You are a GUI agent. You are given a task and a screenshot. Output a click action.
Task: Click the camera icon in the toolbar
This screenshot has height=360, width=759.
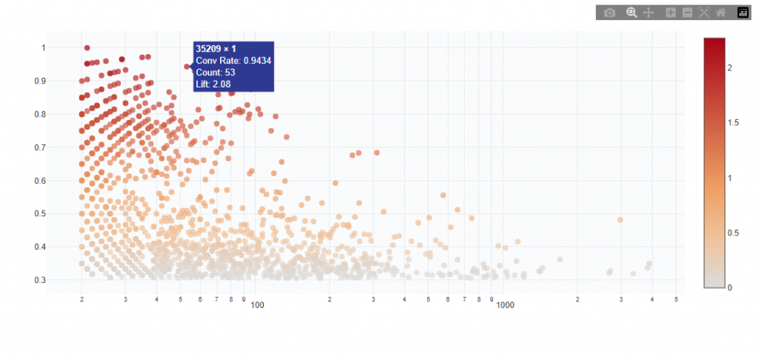pyautogui.click(x=609, y=13)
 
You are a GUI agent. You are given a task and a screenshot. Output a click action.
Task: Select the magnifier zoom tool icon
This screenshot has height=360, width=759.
pyautogui.click(x=632, y=13)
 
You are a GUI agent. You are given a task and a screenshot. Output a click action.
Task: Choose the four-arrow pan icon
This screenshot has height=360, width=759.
pyautogui.click(x=649, y=13)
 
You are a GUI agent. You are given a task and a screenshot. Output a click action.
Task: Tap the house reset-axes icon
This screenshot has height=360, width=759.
pyautogui.click(x=720, y=13)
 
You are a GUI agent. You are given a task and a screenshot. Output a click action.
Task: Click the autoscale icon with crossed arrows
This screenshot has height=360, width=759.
pyautogui.click(x=703, y=13)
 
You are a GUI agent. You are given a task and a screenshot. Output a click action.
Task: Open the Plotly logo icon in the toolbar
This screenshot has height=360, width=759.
pyautogui.click(x=743, y=13)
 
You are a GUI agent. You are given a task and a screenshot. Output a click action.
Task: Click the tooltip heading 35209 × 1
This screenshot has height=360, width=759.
pyautogui.click(x=215, y=48)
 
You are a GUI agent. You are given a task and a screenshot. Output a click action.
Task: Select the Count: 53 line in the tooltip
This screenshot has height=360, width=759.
pyautogui.click(x=216, y=72)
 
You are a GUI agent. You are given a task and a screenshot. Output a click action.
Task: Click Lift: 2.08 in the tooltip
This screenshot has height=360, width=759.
pyautogui.click(x=213, y=84)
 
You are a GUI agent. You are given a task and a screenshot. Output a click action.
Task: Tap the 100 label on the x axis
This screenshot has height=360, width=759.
pyautogui.click(x=258, y=305)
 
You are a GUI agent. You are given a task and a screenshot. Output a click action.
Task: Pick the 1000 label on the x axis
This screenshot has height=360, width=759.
pyautogui.click(x=506, y=305)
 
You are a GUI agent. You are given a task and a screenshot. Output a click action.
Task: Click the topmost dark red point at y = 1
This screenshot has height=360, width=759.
pyautogui.click(x=87, y=48)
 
